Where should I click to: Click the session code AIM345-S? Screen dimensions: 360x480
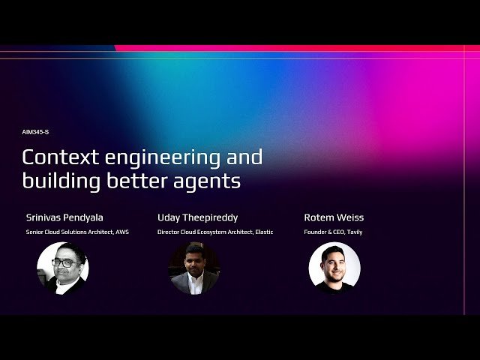click(x=36, y=132)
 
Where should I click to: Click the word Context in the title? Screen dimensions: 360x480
click(x=57, y=157)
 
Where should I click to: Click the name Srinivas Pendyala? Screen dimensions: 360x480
click(x=64, y=217)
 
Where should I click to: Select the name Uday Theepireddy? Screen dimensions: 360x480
click(x=197, y=217)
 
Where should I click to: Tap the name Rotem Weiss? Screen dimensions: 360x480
click(x=334, y=217)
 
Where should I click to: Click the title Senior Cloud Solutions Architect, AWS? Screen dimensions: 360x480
click(x=77, y=232)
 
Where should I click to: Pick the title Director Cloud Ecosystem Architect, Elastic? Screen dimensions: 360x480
click(x=215, y=232)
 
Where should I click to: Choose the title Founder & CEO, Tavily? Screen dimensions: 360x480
click(x=333, y=232)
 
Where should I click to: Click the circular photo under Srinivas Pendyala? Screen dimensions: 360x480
click(x=63, y=268)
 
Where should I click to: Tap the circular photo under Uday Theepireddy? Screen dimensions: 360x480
click(x=194, y=268)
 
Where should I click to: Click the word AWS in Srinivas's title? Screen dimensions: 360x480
click(x=123, y=232)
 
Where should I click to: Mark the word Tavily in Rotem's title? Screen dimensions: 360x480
click(x=354, y=232)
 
